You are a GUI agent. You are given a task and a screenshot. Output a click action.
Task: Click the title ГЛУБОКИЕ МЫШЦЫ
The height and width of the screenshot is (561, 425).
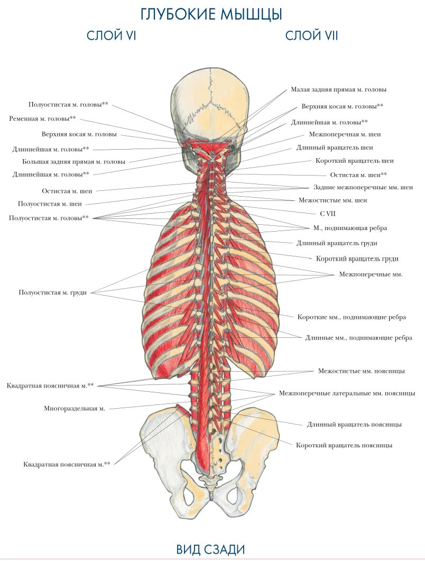tap(211, 14)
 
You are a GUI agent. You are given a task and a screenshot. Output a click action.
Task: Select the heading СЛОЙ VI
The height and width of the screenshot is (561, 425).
tap(112, 36)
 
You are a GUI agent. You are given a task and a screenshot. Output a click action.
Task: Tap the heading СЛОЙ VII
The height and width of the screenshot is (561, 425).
tap(311, 36)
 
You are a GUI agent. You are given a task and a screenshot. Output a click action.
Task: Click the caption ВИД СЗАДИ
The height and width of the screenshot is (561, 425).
tap(211, 549)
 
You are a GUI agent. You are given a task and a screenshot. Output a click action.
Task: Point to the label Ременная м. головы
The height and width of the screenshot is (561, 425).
tap(42, 118)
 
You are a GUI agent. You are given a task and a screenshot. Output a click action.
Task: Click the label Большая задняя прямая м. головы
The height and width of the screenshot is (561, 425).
tap(73, 161)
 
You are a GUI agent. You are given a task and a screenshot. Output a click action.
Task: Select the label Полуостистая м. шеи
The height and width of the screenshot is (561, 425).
tap(50, 204)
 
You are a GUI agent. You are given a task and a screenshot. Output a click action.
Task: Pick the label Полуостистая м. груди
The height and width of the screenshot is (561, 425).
tap(53, 292)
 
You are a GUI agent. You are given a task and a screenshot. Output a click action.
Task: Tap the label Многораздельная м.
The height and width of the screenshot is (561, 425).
tap(75, 408)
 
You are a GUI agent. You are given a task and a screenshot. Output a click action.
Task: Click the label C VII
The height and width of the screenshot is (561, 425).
tap(328, 214)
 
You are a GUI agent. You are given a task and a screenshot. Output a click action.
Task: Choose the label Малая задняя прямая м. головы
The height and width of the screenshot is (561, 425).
tap(338, 89)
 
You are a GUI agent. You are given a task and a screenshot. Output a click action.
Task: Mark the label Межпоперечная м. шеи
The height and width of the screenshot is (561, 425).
tap(345, 134)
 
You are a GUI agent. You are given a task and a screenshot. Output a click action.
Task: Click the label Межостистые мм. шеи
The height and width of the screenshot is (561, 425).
tap(332, 200)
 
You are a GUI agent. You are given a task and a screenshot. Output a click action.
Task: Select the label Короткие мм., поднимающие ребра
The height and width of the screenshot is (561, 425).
tap(352, 317)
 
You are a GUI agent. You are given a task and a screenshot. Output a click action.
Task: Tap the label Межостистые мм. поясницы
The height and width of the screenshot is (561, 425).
tap(361, 371)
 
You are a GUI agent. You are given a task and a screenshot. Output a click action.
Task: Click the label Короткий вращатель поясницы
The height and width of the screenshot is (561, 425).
tap(344, 445)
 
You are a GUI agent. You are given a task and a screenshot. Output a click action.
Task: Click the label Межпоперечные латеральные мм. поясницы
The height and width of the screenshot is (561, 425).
tap(347, 393)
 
